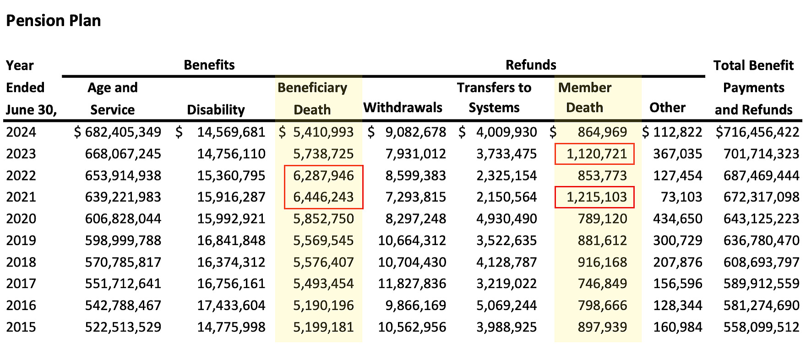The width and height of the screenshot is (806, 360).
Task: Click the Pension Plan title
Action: pyautogui.click(x=54, y=21)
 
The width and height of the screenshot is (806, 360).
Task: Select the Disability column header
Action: pyautogui.click(x=216, y=109)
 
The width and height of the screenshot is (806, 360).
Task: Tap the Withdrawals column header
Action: pyautogui.click(x=403, y=108)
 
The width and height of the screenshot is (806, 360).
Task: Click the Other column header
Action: pyautogui.click(x=667, y=108)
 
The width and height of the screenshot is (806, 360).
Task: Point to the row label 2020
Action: pyautogui.click(x=21, y=218)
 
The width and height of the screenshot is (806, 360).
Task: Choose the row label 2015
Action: pyautogui.click(x=21, y=327)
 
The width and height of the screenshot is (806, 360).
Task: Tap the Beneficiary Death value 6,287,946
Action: pyautogui.click(x=323, y=175)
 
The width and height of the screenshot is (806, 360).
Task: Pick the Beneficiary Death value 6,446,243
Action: pyautogui.click(x=323, y=197)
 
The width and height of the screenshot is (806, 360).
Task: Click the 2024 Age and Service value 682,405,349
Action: pyautogui.click(x=123, y=132)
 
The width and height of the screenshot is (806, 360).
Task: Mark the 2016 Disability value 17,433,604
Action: pyautogui.click(x=231, y=305)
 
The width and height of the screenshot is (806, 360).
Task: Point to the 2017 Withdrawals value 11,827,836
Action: pyautogui.click(x=412, y=284)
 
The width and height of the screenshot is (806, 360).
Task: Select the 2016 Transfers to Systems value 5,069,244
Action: pyautogui.click(x=506, y=305)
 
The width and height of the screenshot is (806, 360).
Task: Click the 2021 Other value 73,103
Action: pyautogui.click(x=681, y=197)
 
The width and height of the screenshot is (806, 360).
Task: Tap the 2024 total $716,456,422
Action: pyautogui.click(x=757, y=132)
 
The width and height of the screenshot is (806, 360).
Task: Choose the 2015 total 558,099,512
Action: pyautogui.click(x=761, y=327)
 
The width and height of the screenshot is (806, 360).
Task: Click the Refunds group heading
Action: pyautogui.click(x=531, y=65)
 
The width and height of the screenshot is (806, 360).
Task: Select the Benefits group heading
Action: pyautogui.click(x=209, y=65)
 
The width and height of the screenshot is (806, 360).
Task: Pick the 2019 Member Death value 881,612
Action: pyautogui.click(x=602, y=240)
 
